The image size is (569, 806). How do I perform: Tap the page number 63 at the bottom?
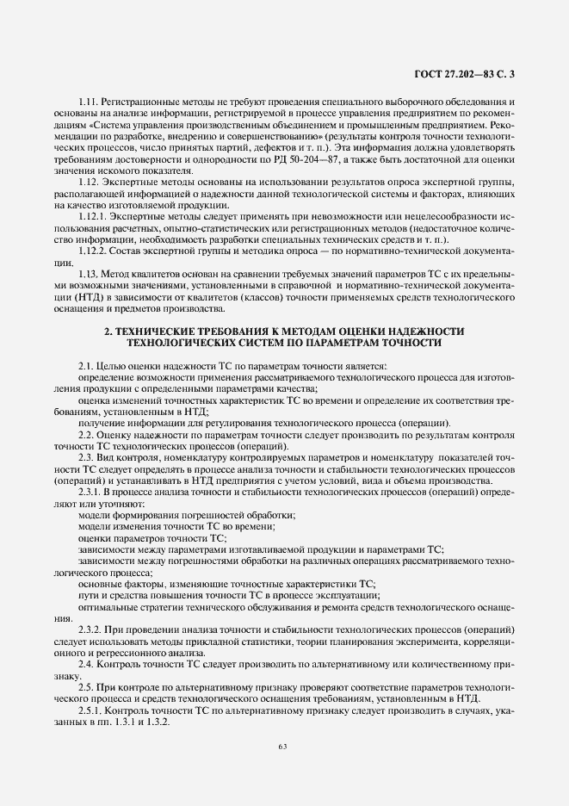pyautogui.click(x=283, y=746)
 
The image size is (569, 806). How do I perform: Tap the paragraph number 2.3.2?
pyautogui.click(x=91, y=629)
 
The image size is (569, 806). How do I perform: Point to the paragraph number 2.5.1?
pyautogui.click(x=91, y=711)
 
